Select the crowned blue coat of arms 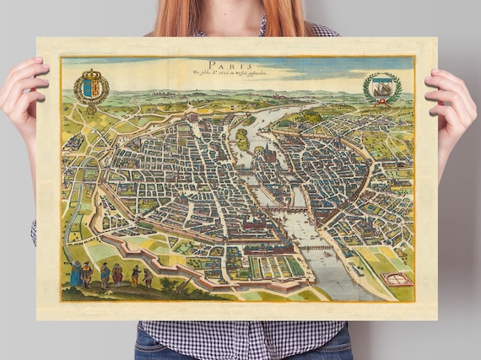click(90, 87)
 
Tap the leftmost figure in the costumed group click(75, 273)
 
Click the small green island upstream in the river click(242, 137)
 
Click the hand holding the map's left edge click(21, 97)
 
